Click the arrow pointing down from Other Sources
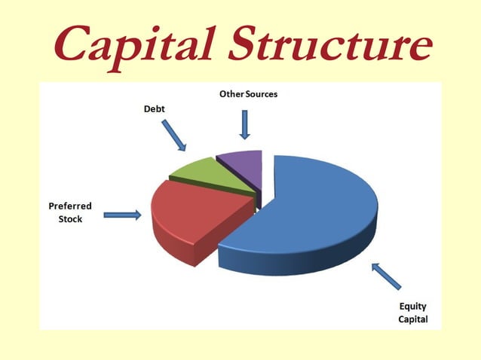coord(244,124)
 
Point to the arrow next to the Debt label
coord(174,133)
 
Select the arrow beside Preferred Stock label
coord(122,215)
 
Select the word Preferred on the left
coord(71,206)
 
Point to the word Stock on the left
coord(71,219)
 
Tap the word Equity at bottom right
coord(413,307)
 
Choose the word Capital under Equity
coord(413,319)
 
